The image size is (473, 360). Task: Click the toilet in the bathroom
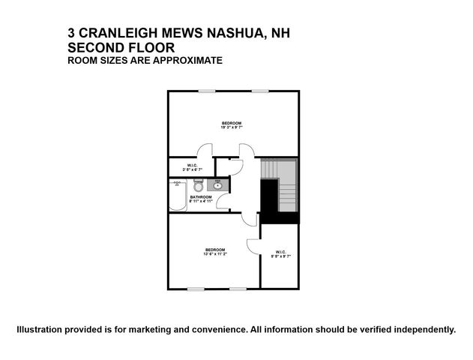coord(199,184)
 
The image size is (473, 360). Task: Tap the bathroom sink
coord(218,184)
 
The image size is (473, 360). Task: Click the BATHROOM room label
coord(201,196)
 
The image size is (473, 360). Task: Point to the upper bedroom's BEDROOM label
coord(232,122)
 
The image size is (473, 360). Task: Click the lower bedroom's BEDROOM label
coord(215,250)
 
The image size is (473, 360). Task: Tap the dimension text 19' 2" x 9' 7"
coord(232,127)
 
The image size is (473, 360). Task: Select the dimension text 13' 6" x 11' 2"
coord(215,254)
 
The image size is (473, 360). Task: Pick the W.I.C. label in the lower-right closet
coord(280,252)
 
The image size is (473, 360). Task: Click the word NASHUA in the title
coord(205,33)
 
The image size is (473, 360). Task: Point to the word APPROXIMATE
coord(187,60)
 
